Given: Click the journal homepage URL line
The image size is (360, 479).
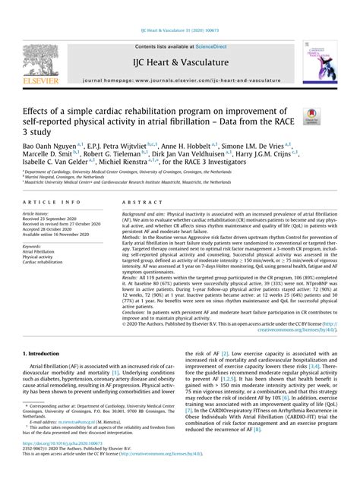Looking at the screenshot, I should click(179, 77).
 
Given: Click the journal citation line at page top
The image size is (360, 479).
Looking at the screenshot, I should click(179, 31).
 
